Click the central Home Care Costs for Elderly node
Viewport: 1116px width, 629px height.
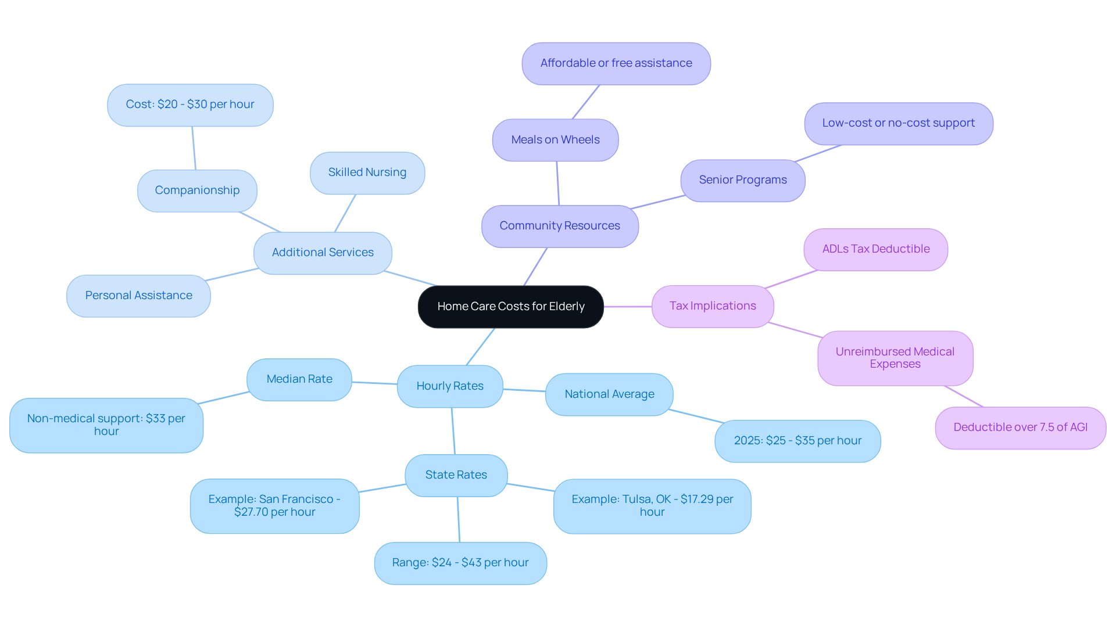point(510,307)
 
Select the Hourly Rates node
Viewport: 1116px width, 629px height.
point(450,386)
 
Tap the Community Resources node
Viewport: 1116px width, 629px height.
point(560,226)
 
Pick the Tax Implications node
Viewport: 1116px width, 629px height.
point(713,306)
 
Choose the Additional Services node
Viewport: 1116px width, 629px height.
point(323,253)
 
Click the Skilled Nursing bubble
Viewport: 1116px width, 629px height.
point(367,172)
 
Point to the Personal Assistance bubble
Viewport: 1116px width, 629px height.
point(138,296)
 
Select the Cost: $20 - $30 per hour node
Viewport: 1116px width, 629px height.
point(190,105)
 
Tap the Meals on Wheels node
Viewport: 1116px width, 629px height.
point(555,140)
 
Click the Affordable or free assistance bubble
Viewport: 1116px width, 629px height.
point(616,63)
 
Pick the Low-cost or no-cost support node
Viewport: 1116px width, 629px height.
point(899,123)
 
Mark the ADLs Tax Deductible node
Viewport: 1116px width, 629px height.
point(876,249)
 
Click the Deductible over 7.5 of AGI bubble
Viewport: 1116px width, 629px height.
point(1021,427)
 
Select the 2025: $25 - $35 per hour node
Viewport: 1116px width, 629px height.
point(797,441)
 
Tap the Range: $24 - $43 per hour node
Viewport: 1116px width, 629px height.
point(460,563)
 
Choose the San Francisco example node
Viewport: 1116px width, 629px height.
point(274,506)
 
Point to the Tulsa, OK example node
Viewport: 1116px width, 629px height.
point(652,506)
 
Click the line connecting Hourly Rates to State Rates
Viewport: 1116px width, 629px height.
point(453,431)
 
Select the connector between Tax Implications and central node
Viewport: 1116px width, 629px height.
point(628,306)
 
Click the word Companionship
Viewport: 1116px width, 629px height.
point(197,191)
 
